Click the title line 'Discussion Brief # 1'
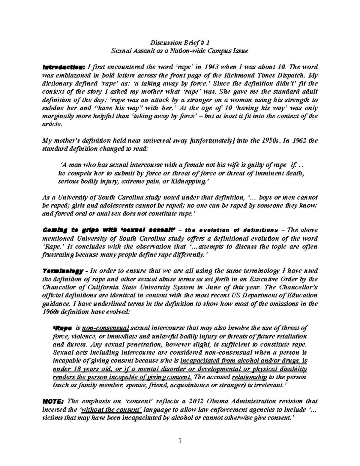180,42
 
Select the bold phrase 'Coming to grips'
62,230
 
